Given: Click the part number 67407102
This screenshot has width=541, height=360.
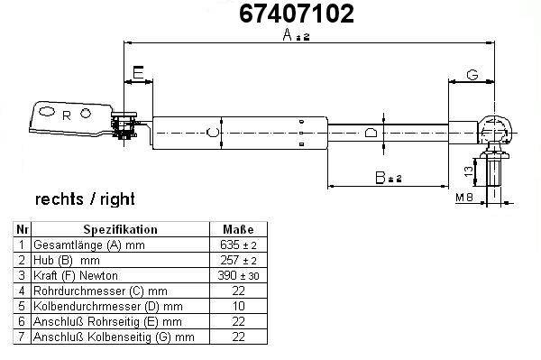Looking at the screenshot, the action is [297, 14].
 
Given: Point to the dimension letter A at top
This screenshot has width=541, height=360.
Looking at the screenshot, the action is [287, 34].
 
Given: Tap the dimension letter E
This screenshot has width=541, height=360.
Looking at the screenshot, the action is [138, 73].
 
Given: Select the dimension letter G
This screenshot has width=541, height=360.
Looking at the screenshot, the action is [472, 75].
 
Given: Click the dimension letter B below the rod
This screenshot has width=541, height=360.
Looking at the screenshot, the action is [380, 178].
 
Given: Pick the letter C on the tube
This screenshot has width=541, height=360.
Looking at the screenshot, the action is [212, 132].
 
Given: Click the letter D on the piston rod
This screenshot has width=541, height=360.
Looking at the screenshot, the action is [371, 133].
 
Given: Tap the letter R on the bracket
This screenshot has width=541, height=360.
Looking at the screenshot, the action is [67, 116].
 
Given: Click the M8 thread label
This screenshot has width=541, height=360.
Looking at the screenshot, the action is [464, 198].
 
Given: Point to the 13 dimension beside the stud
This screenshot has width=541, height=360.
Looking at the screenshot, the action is [469, 171].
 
